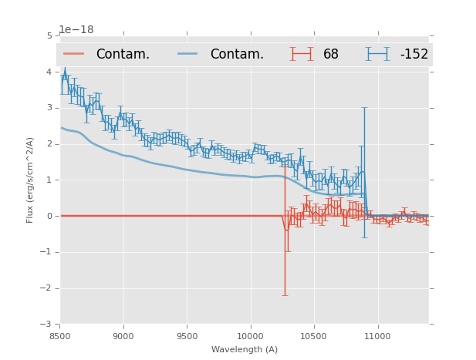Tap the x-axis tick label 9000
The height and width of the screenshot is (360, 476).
(x=123, y=336)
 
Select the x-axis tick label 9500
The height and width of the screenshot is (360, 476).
(x=187, y=336)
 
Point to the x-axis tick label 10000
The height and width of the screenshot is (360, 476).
(x=250, y=336)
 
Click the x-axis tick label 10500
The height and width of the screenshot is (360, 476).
(x=313, y=336)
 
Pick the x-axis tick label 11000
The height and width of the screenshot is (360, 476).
(x=377, y=336)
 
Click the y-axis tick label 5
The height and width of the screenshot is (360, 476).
(x=49, y=36)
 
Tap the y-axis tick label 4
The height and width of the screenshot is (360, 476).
(x=49, y=72)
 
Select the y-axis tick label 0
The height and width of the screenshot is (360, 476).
(x=49, y=216)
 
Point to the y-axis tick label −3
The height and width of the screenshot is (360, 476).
(x=47, y=325)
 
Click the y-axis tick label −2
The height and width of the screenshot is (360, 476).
(x=47, y=288)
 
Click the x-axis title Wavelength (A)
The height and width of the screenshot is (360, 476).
(x=245, y=349)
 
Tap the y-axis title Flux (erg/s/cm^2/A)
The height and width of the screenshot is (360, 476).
(x=30, y=180)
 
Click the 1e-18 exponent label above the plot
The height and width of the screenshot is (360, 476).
(x=76, y=29)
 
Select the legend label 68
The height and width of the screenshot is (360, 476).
(x=331, y=55)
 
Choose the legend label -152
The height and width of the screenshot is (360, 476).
(x=414, y=55)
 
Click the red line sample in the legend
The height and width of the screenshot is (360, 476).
(x=74, y=54)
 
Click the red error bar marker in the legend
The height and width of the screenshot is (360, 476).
(x=301, y=54)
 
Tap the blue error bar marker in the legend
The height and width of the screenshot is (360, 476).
(x=377, y=54)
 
